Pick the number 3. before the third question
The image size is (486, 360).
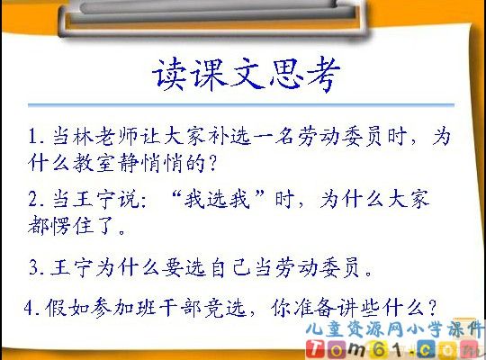(x=36, y=267)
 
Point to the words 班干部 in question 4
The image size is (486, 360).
(x=177, y=308)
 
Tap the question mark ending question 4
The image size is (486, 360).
(x=432, y=308)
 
